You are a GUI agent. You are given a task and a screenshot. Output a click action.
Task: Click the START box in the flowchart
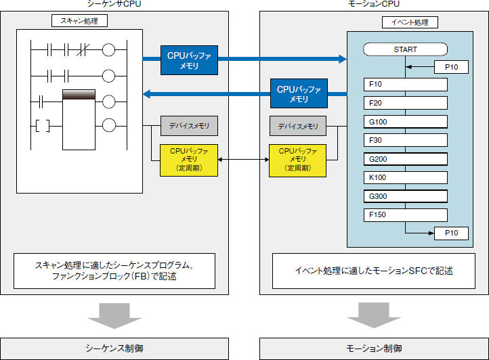405,49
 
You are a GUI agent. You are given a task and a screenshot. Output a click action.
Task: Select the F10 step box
405,85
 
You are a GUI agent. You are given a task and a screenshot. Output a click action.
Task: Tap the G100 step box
405,122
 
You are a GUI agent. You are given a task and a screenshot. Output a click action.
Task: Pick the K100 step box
405,178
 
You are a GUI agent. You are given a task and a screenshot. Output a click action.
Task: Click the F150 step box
405,215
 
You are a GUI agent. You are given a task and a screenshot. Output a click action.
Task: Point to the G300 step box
405,197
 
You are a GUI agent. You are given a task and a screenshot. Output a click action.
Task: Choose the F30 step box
405,141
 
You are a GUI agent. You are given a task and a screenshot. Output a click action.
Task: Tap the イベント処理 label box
410,22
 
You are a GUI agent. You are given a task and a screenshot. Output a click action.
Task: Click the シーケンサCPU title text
114,5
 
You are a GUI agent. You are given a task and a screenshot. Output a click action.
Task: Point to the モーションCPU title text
374,5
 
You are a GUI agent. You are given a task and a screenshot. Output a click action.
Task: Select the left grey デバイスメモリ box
189,125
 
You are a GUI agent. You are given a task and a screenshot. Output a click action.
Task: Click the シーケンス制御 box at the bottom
114,348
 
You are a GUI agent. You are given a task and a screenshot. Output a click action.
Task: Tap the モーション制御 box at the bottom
374,348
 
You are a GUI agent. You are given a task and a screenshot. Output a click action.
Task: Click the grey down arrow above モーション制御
374,314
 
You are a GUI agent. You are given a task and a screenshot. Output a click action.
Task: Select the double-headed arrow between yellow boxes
244,160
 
